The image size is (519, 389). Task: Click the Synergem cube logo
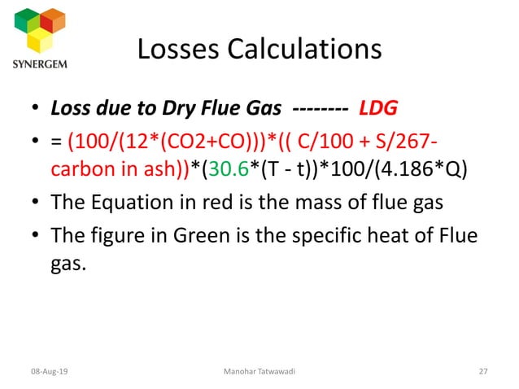(41, 29)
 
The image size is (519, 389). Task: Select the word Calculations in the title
(306, 50)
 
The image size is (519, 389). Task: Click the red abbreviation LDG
(379, 108)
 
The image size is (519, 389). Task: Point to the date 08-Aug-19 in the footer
(50, 372)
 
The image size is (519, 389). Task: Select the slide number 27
(483, 372)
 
